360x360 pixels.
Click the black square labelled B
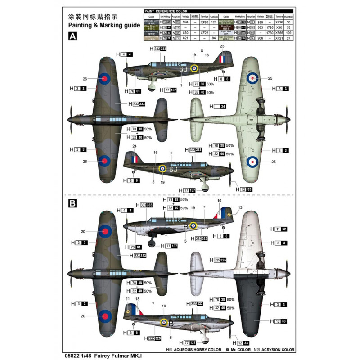tap(72, 203)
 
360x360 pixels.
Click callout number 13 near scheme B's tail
tap(240, 207)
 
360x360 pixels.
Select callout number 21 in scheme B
tap(127, 299)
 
